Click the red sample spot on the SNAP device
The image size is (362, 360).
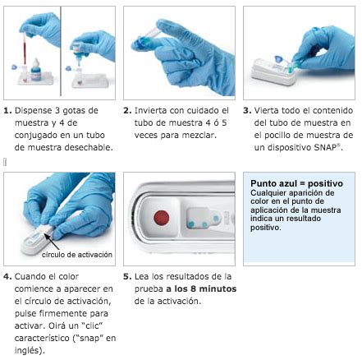tap(162, 218)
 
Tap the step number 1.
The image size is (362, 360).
tap(7, 111)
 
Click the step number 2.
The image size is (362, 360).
tap(127, 111)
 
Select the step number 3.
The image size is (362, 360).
tap(247, 111)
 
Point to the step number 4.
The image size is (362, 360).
tap(7, 276)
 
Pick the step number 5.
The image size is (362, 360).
tap(127, 276)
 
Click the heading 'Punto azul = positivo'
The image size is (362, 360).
tap(296, 183)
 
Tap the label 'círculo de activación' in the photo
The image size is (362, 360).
tap(77, 255)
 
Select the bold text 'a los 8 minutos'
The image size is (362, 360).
tap(201, 288)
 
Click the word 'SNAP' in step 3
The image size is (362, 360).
tap(325, 147)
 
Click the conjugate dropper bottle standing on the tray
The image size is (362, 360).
tap(36, 70)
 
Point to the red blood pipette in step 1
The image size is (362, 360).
tap(25, 50)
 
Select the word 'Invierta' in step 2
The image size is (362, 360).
tap(151, 110)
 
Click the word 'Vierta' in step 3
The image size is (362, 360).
tap(267, 110)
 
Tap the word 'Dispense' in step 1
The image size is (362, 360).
tap(34, 111)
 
